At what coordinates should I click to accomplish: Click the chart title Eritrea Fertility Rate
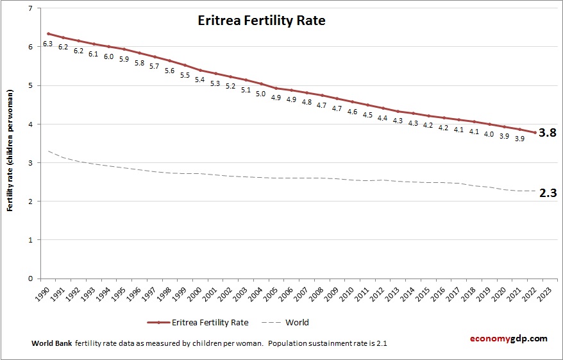(261, 21)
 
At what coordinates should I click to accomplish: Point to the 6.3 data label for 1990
(47, 44)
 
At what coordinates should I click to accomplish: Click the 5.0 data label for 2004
(260, 94)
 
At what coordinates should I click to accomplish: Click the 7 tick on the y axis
(31, 8)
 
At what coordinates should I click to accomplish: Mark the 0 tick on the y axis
(31, 279)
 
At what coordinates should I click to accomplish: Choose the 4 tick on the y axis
(31, 124)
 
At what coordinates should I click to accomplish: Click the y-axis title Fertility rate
(11, 160)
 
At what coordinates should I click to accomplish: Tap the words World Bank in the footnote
(51, 343)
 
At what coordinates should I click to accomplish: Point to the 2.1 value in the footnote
(381, 343)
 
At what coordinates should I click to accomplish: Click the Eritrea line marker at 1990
(48, 33)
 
